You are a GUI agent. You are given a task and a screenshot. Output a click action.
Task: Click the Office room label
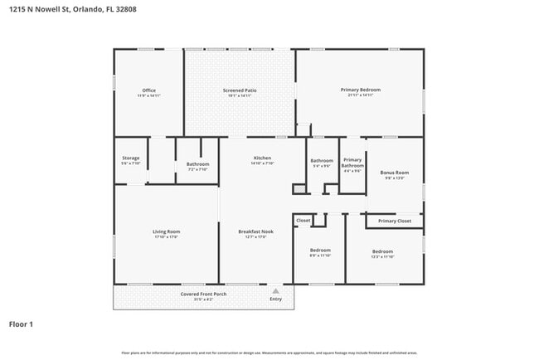pyautogui.click(x=148, y=90)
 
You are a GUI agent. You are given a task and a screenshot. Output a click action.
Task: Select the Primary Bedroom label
pyautogui.click(x=359, y=90)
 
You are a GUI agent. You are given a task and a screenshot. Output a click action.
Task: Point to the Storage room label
pyautogui.click(x=131, y=158)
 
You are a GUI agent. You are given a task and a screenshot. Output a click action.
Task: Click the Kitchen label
pyautogui.click(x=262, y=158)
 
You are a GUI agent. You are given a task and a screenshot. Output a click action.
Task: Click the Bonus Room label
pyautogui.click(x=394, y=173)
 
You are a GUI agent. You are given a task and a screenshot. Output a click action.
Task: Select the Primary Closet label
pyautogui.click(x=394, y=221)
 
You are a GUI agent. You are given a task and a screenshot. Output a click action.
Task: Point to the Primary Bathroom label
pyautogui.click(x=352, y=162)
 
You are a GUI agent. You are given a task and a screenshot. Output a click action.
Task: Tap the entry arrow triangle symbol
pyautogui.click(x=275, y=291)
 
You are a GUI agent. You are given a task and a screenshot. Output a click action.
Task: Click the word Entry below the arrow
pyautogui.click(x=275, y=299)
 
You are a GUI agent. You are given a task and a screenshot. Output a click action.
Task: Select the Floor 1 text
pyautogui.click(x=21, y=324)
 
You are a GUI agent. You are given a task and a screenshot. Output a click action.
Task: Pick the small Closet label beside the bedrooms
pyautogui.click(x=303, y=221)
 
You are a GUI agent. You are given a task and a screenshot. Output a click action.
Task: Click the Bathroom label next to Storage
pyautogui.click(x=197, y=164)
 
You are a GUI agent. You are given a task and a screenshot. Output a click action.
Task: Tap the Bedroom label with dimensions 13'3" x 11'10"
pyautogui.click(x=382, y=251)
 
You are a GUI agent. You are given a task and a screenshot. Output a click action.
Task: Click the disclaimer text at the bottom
pyautogui.click(x=269, y=353)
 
